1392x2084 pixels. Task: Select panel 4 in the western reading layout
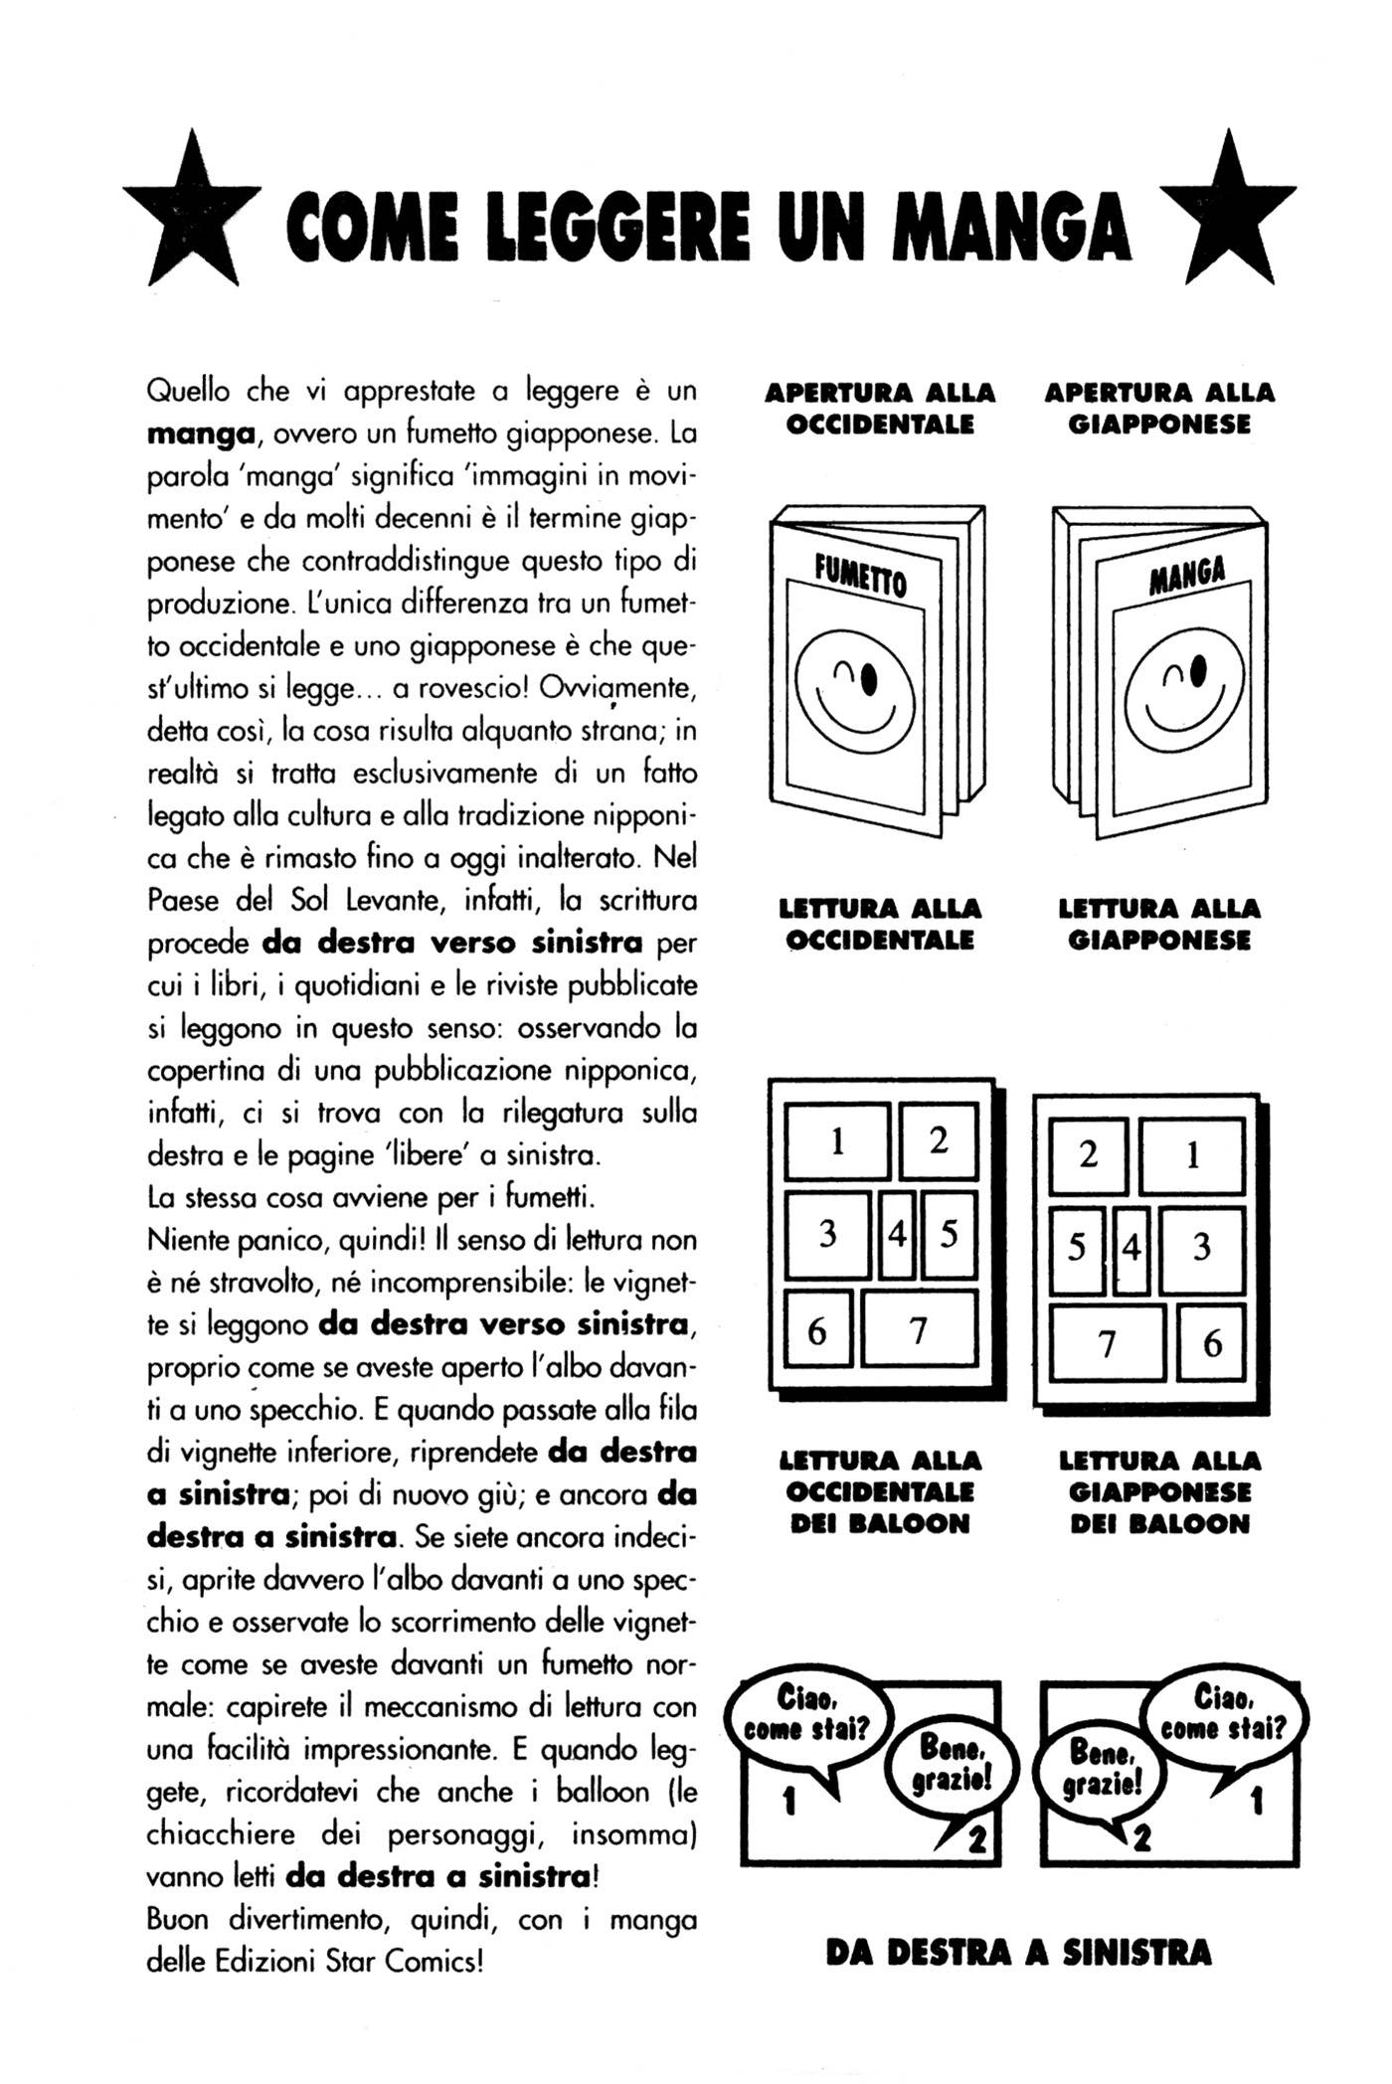897,1236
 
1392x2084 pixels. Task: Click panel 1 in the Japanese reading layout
1192,1155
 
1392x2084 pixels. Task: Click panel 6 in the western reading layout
818,1330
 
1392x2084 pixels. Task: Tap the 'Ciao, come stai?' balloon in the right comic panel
1225,1715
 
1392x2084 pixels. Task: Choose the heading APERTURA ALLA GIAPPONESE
1159,409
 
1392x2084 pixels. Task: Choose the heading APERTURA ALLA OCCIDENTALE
880,409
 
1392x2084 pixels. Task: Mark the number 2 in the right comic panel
1140,1839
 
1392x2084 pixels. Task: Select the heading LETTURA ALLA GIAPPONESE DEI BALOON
1159,1492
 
